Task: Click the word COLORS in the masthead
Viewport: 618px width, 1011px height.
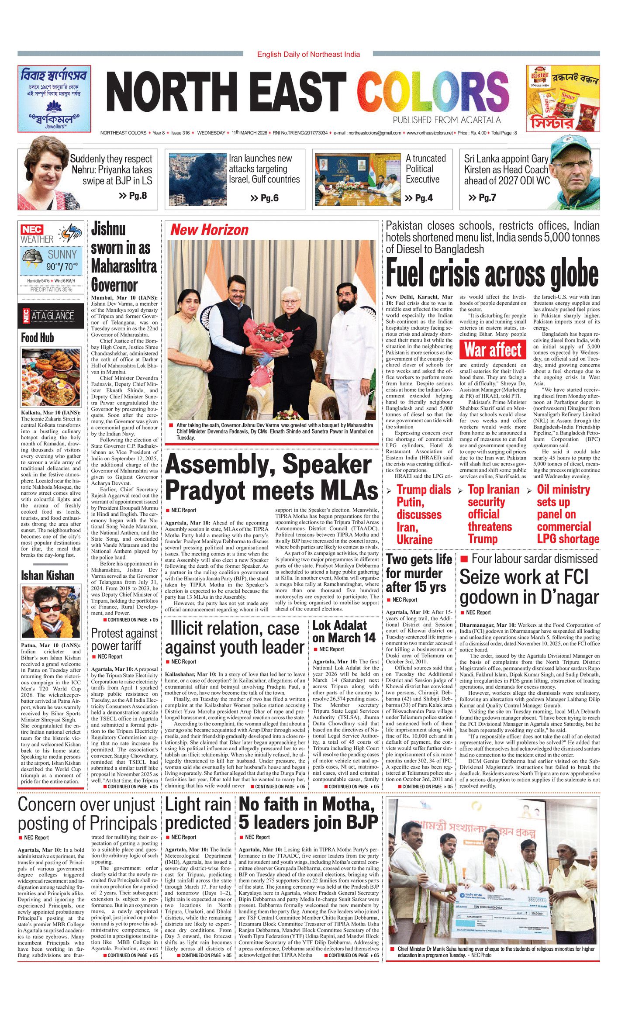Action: pos(433,91)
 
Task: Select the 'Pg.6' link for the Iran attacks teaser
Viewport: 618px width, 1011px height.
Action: pos(265,198)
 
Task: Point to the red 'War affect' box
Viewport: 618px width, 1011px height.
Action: pos(493,350)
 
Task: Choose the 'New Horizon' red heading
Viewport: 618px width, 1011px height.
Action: pos(209,230)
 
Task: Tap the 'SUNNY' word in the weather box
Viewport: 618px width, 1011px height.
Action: pos(62,255)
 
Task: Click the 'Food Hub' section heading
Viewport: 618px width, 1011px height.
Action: pos(38,338)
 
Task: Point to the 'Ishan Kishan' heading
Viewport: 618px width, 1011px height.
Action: pos(48,576)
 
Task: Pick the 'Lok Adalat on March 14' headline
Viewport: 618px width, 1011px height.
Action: pos(343,631)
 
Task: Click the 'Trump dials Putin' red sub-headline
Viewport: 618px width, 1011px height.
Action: pos(418,514)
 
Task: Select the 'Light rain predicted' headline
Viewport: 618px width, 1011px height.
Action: pos(198,814)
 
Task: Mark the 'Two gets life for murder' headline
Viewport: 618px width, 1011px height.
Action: pos(419,573)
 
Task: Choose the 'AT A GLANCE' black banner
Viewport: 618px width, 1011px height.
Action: pos(51,316)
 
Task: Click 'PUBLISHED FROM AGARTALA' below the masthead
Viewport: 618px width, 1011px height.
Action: pos(446,120)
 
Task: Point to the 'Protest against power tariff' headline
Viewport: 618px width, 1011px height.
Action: pos(124,639)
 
